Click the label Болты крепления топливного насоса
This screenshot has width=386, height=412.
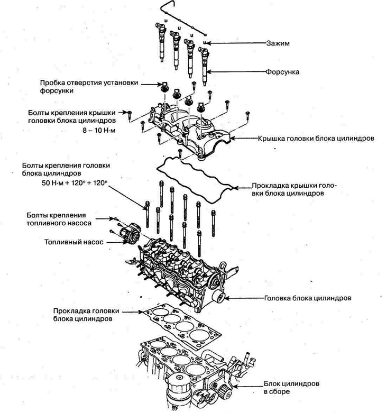coord(62,219)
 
